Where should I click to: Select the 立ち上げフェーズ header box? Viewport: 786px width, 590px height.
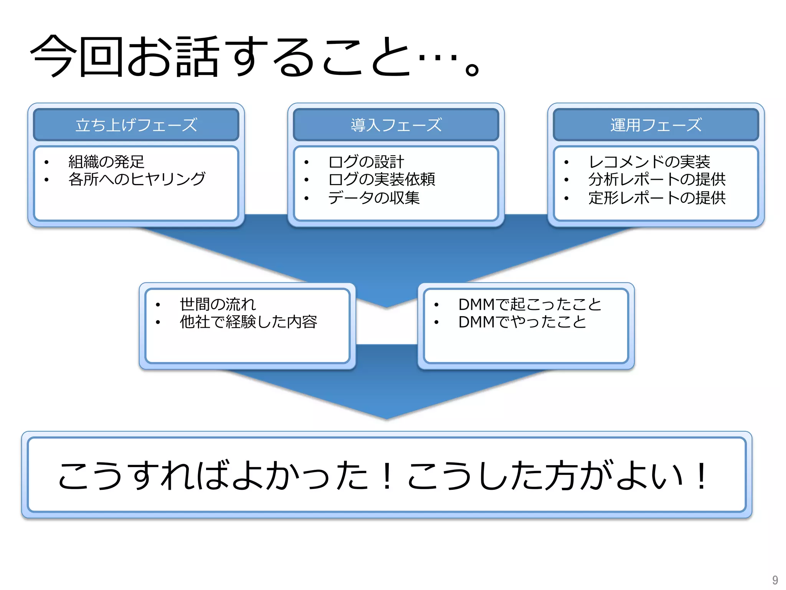(136, 125)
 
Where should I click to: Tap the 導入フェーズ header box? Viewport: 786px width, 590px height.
(396, 125)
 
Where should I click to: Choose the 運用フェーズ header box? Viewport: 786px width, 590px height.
(656, 125)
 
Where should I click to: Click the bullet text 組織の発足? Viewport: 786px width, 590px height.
(106, 162)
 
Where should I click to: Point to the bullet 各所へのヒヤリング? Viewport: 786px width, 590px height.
(137, 179)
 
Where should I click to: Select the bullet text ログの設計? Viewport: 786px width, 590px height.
(366, 162)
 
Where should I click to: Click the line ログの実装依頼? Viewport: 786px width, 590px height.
(381, 179)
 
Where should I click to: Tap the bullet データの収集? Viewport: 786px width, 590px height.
(374, 198)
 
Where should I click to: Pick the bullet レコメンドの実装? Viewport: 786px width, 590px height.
(649, 162)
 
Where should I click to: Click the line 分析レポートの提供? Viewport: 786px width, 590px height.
(657, 179)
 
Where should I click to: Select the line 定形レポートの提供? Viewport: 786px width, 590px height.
(657, 198)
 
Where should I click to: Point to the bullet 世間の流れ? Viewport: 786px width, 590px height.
(218, 304)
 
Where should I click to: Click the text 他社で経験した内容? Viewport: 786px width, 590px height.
(248, 322)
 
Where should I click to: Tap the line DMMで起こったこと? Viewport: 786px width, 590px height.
(530, 304)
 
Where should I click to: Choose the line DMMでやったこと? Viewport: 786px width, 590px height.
(522, 322)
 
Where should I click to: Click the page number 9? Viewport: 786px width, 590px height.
(775, 580)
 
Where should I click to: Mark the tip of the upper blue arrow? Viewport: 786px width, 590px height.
(387, 307)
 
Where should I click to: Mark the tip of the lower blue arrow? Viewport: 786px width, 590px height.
(387, 418)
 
